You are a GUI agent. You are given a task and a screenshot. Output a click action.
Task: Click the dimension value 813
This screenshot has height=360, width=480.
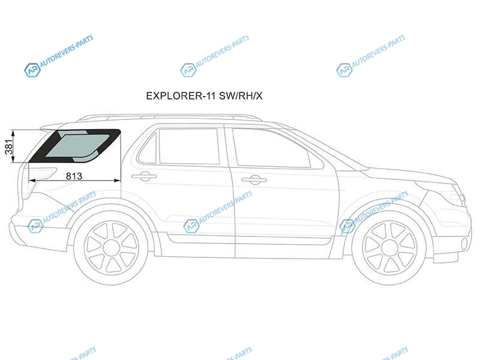[74, 176]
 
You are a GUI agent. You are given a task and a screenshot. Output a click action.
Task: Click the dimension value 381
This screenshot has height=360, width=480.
[10, 146]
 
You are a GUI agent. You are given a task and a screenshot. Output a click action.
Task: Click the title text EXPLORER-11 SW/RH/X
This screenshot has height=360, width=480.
[204, 96]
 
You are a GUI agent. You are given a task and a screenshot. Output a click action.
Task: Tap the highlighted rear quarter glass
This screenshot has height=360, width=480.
[75, 146]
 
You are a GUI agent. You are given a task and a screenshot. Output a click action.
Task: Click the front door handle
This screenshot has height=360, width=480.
[253, 180]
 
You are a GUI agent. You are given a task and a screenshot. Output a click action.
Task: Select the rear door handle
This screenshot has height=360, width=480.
[144, 176]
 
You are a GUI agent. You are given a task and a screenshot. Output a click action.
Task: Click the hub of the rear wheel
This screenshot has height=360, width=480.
[111, 247]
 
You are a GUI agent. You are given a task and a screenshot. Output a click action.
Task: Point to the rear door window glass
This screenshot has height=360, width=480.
[189, 146]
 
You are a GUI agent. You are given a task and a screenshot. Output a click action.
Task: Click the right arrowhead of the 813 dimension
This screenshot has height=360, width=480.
[118, 181]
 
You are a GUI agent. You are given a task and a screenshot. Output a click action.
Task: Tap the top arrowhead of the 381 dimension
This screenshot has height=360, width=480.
[13, 133]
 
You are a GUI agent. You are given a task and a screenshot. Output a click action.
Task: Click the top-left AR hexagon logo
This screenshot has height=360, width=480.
[32, 70]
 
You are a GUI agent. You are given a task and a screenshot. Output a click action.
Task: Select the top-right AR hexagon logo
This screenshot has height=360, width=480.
[344, 70]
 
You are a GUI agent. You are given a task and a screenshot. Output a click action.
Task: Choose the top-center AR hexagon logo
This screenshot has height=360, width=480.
[188, 70]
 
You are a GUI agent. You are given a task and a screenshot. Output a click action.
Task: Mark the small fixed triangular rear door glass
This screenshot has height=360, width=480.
[148, 149]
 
